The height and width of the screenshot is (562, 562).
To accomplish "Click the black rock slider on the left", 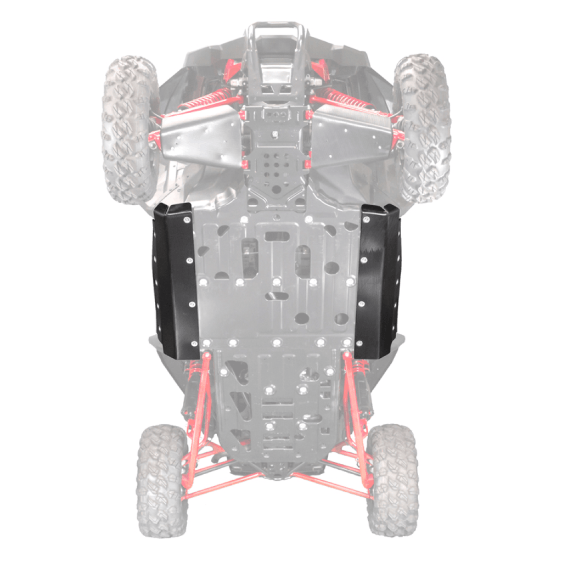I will pos(175,280).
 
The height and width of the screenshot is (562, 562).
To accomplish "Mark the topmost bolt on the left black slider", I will pos(187,219).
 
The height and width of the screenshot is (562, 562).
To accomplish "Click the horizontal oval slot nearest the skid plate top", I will pos(277,236).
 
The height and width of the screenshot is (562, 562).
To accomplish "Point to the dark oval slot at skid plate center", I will pos(277,296).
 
